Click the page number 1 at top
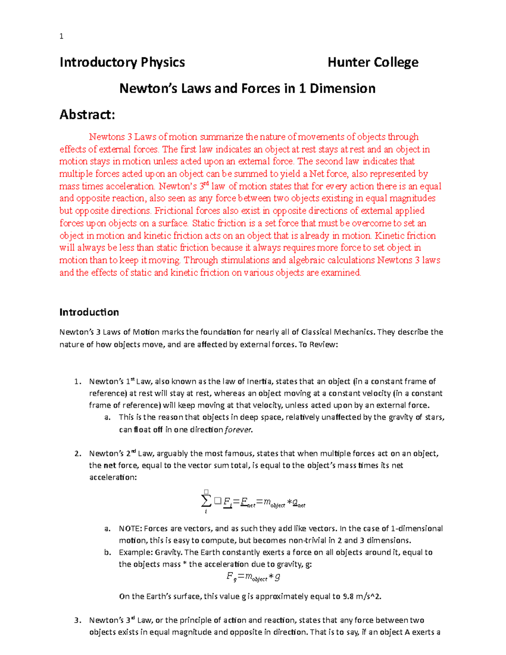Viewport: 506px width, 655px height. coord(62,36)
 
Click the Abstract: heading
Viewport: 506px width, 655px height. coord(87,115)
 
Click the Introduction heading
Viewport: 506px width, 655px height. coord(89,312)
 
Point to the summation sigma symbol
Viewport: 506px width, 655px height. coord(206,501)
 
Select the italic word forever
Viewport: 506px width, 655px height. coord(239,430)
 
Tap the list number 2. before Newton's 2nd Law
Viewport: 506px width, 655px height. coord(78,454)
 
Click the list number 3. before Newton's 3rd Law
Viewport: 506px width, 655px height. coord(78,620)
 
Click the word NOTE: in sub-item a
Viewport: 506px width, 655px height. coord(131,529)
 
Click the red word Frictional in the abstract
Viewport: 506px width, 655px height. coord(174,211)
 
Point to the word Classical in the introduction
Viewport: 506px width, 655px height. coord(316,332)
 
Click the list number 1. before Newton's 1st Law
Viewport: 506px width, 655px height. coord(78,382)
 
